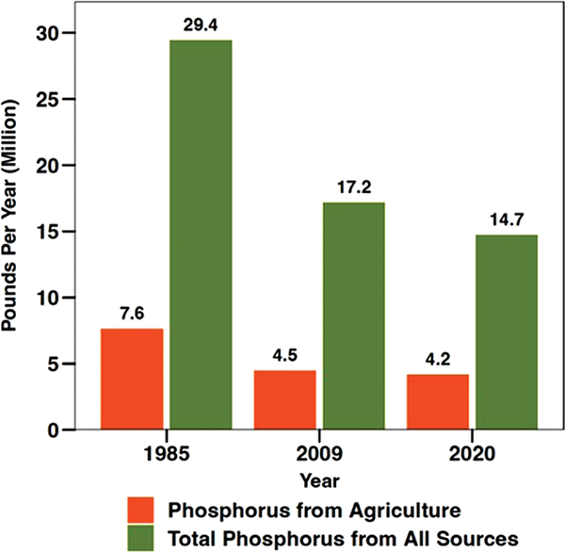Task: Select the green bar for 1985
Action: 200,235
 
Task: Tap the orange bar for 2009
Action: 284,399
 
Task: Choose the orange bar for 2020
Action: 437,401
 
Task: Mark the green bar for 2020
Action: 506,332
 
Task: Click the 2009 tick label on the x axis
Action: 319,452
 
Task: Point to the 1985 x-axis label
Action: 166,452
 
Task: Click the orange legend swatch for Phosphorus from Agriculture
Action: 144,511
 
